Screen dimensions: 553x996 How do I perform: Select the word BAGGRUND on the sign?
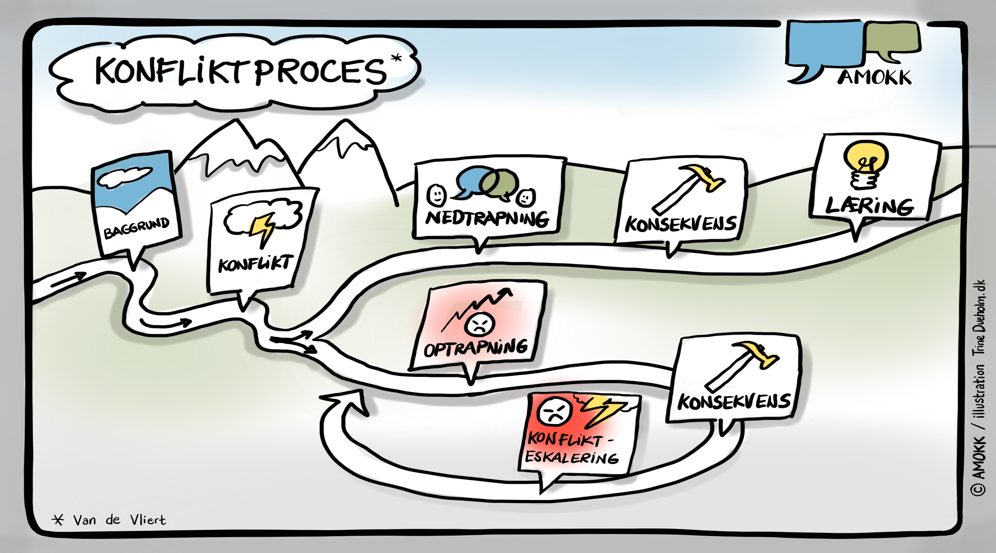(136, 227)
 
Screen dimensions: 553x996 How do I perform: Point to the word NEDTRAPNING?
(487, 219)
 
